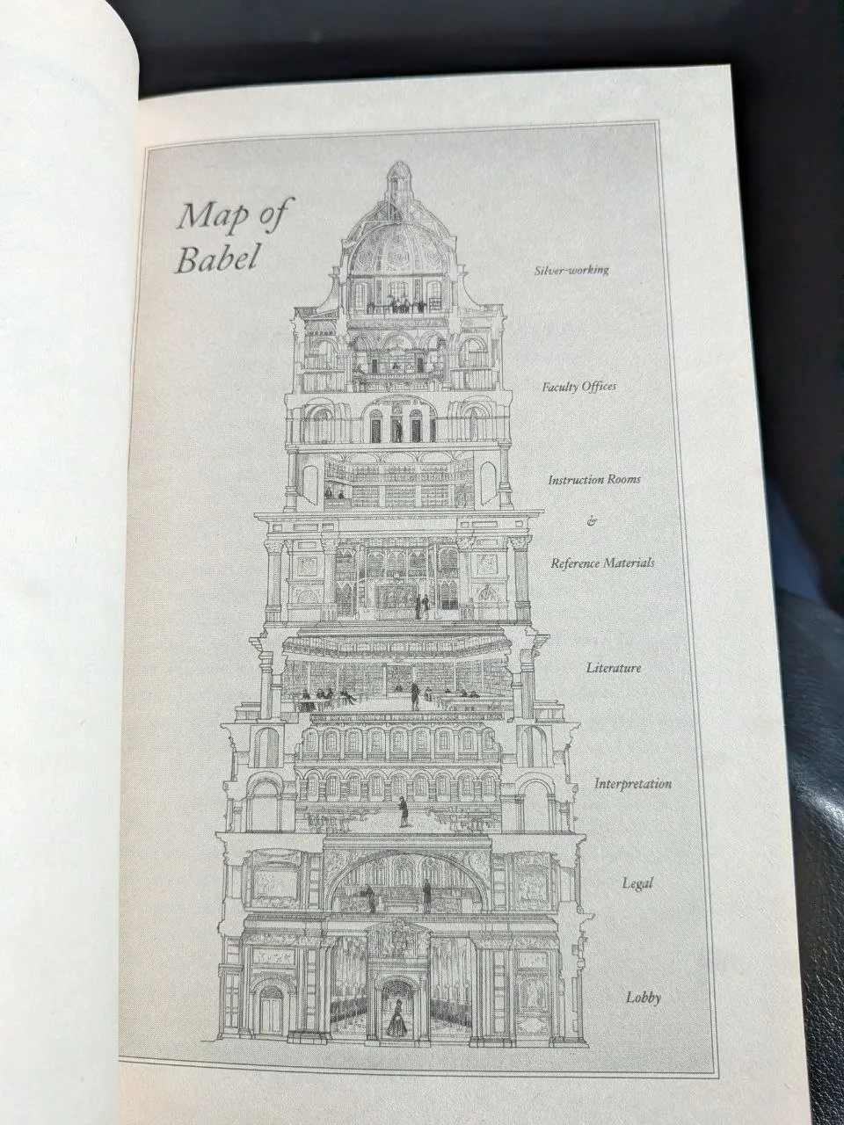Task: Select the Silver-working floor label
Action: [x=571, y=270]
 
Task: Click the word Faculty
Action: [x=560, y=387]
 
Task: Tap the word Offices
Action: [x=599, y=386]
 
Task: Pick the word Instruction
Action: [x=576, y=480]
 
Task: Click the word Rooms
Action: [x=624, y=480]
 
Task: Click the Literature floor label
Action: [x=614, y=668]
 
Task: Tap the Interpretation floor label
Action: [x=633, y=783]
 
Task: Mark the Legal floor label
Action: [x=637, y=883]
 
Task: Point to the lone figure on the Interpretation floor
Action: [x=404, y=812]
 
